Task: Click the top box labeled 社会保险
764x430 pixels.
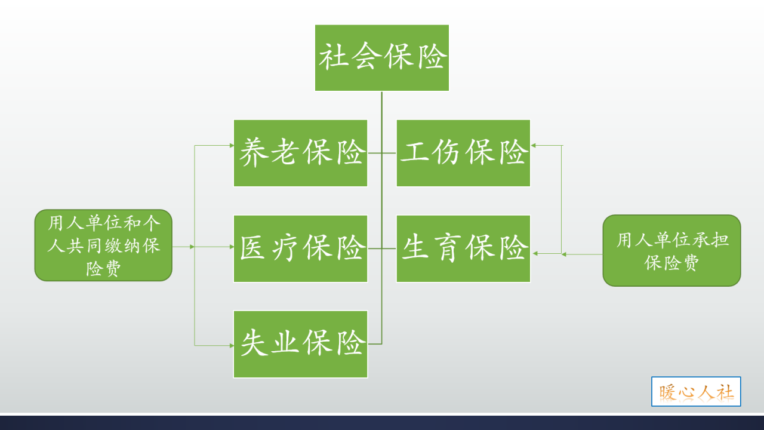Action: (382, 58)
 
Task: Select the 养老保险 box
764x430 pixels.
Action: (300, 153)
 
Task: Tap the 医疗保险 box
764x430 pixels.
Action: (300, 248)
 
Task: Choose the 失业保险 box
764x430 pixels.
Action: (300, 344)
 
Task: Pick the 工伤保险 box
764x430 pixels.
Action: (463, 153)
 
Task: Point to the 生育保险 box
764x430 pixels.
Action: (463, 248)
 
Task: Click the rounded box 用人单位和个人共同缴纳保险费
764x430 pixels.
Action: (103, 245)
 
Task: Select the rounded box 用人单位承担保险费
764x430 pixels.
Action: (671, 250)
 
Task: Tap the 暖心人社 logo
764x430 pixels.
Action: (696, 392)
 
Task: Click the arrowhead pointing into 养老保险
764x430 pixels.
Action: (232, 145)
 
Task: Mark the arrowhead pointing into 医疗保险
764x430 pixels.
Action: (232, 246)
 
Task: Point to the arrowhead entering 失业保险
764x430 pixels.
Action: (232, 345)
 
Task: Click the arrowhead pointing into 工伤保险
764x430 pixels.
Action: (533, 145)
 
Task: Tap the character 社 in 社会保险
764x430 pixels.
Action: (333, 58)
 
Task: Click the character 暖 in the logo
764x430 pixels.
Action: (668, 392)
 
